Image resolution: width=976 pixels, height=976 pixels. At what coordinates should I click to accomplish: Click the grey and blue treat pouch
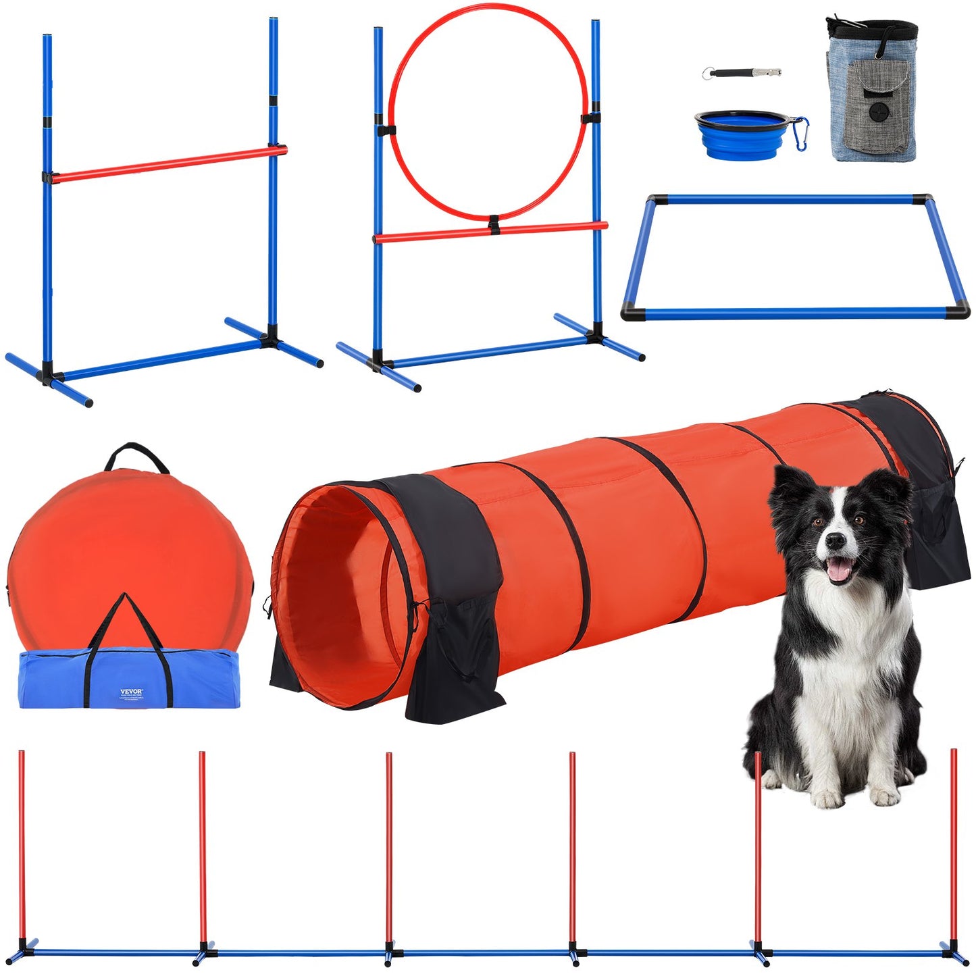click(x=871, y=95)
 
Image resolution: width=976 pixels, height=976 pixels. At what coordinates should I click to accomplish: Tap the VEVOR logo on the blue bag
click(x=132, y=691)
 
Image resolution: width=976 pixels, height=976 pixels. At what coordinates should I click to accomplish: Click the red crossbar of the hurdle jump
click(x=169, y=163)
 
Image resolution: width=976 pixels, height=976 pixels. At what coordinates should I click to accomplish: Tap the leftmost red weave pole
click(x=22, y=844)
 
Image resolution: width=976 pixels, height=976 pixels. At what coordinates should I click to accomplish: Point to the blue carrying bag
click(x=128, y=679)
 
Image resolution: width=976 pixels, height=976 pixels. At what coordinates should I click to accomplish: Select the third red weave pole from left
click(x=389, y=844)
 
